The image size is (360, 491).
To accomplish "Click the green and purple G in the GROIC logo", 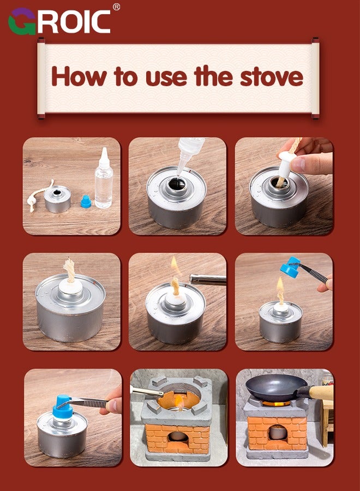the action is pos(22,21).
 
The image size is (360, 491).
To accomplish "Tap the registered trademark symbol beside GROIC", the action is pos(116,7).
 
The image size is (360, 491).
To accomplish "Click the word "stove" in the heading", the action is pos(272,76).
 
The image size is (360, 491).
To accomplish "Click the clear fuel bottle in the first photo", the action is pos(104,178).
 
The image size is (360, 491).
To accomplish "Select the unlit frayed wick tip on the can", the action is pos(69,270).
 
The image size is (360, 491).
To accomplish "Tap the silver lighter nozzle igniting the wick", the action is pos(208,279).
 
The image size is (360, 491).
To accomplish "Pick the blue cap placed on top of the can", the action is pos(62,407).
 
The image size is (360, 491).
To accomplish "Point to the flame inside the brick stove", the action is pos(179,402).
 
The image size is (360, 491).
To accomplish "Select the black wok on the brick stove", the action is pos(276,387).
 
